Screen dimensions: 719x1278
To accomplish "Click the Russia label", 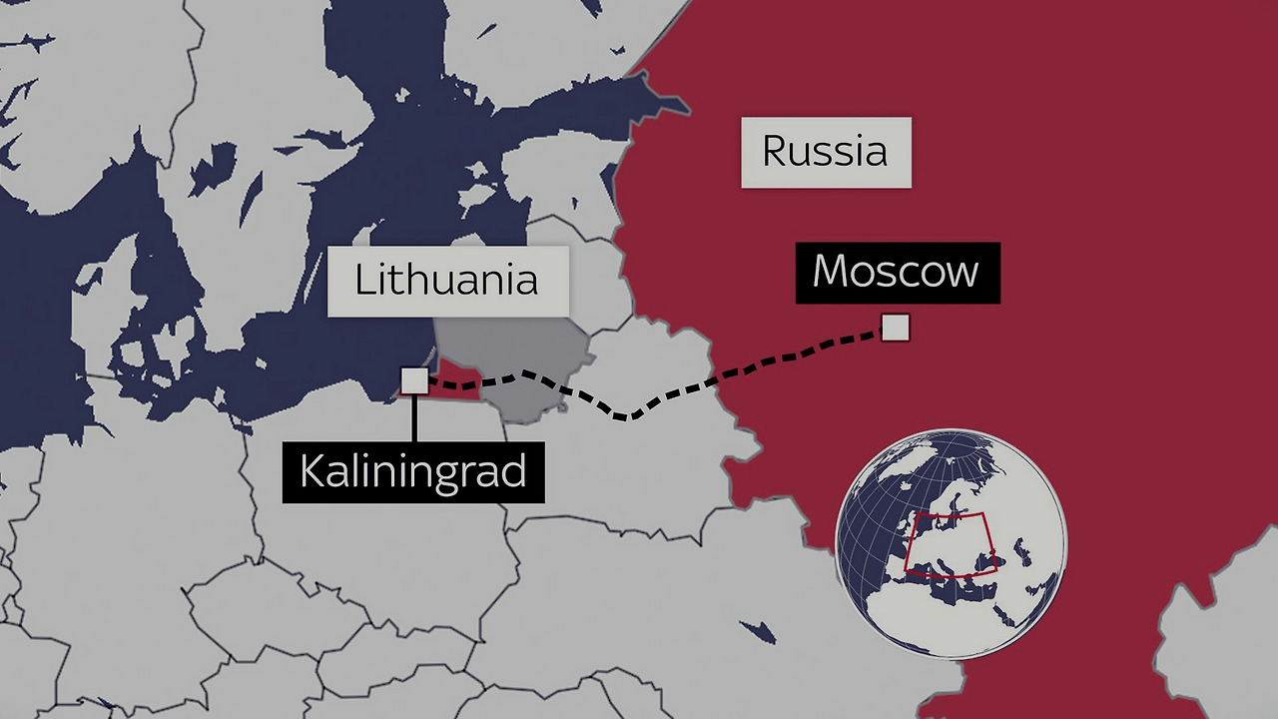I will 825,152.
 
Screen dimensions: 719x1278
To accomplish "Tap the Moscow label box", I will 897,272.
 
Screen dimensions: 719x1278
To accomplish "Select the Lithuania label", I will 447,281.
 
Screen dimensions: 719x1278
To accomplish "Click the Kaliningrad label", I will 413,471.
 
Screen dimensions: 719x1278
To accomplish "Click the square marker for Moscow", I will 895,328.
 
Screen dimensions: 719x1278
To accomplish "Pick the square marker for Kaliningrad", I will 414,380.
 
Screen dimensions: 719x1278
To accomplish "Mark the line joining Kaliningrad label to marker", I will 413,417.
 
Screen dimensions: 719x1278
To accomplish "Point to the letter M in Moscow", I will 832,272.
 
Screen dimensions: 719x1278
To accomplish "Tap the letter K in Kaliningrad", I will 313,471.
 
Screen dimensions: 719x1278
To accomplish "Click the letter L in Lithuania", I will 364,281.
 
